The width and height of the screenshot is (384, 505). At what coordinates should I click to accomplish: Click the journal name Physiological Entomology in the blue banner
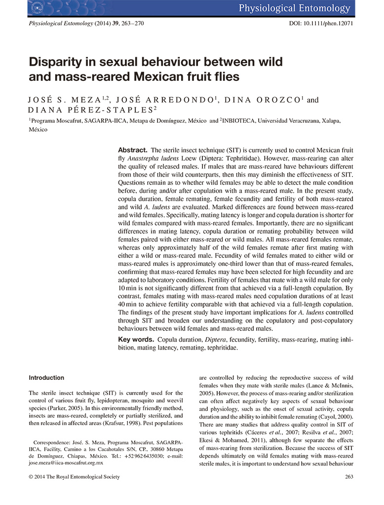pos(295,8)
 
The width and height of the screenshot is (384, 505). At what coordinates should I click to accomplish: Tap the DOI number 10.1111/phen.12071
pos(328,24)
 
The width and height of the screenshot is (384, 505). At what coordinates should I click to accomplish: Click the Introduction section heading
pos(46,378)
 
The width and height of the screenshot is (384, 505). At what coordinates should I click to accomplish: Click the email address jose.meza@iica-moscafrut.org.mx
pos(66,463)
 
